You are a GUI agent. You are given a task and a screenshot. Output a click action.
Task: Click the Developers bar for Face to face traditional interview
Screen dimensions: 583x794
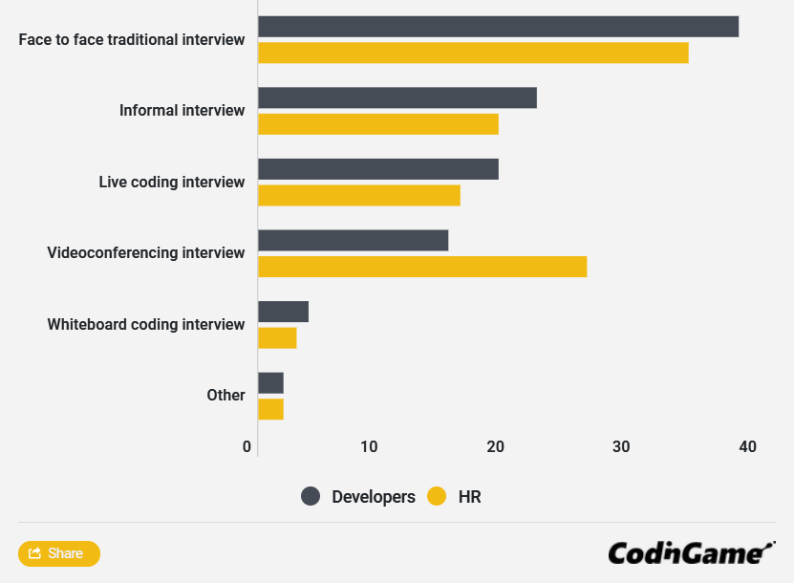click(x=498, y=27)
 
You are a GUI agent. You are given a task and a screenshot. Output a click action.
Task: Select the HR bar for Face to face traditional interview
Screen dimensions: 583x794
click(x=473, y=54)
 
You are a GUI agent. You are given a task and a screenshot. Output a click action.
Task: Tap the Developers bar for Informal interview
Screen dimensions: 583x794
click(x=397, y=97)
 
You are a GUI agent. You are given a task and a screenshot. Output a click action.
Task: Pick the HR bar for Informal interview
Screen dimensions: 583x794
click(x=378, y=124)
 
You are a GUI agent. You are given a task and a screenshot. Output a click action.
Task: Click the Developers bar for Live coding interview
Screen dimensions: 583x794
click(x=378, y=169)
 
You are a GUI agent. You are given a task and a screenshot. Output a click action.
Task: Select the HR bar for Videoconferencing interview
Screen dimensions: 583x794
click(x=422, y=267)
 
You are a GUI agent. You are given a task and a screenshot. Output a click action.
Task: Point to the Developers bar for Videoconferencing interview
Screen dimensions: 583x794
click(x=353, y=240)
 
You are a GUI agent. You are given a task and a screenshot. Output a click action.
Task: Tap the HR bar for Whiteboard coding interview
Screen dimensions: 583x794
click(x=277, y=338)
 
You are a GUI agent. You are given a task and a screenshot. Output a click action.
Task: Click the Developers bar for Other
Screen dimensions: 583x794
click(x=270, y=382)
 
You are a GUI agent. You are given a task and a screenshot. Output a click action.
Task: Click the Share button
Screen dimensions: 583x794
click(x=59, y=553)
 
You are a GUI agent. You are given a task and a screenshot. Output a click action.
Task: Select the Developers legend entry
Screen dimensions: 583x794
click(x=358, y=496)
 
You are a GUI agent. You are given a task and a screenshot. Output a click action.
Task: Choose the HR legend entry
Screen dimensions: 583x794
click(x=455, y=496)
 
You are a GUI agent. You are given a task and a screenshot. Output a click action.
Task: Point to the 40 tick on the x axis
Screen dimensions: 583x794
click(x=747, y=446)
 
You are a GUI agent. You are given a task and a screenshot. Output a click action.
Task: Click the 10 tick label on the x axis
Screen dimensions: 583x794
click(x=369, y=446)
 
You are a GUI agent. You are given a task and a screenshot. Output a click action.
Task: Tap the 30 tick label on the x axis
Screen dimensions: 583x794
click(x=621, y=446)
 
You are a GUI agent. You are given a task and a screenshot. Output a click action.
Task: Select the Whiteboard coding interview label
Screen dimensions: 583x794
click(x=146, y=325)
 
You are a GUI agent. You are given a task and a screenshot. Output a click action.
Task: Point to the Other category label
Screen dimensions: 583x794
click(x=225, y=396)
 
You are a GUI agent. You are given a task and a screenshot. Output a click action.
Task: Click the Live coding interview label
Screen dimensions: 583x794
click(x=172, y=182)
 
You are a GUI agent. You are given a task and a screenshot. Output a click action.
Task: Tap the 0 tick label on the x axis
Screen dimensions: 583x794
click(x=247, y=446)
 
